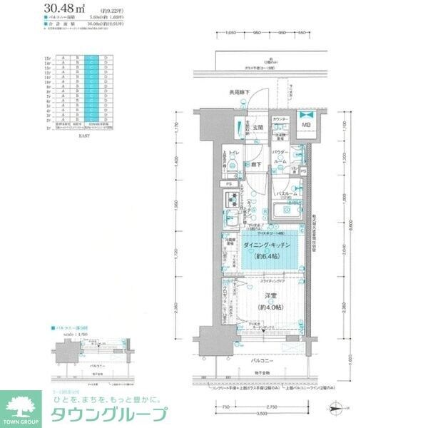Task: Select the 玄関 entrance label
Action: (256, 128)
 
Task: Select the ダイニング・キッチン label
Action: (267, 245)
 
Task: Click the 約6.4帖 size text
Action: (267, 255)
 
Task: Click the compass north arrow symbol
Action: (339, 407)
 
